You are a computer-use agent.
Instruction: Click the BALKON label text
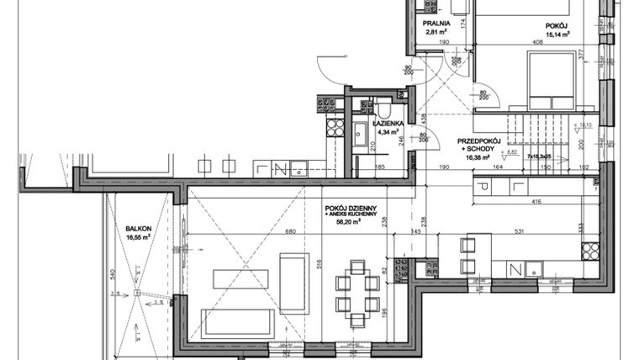coord(138,228)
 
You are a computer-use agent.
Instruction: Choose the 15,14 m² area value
coord(557,36)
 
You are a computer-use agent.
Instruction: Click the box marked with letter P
coord(484,185)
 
